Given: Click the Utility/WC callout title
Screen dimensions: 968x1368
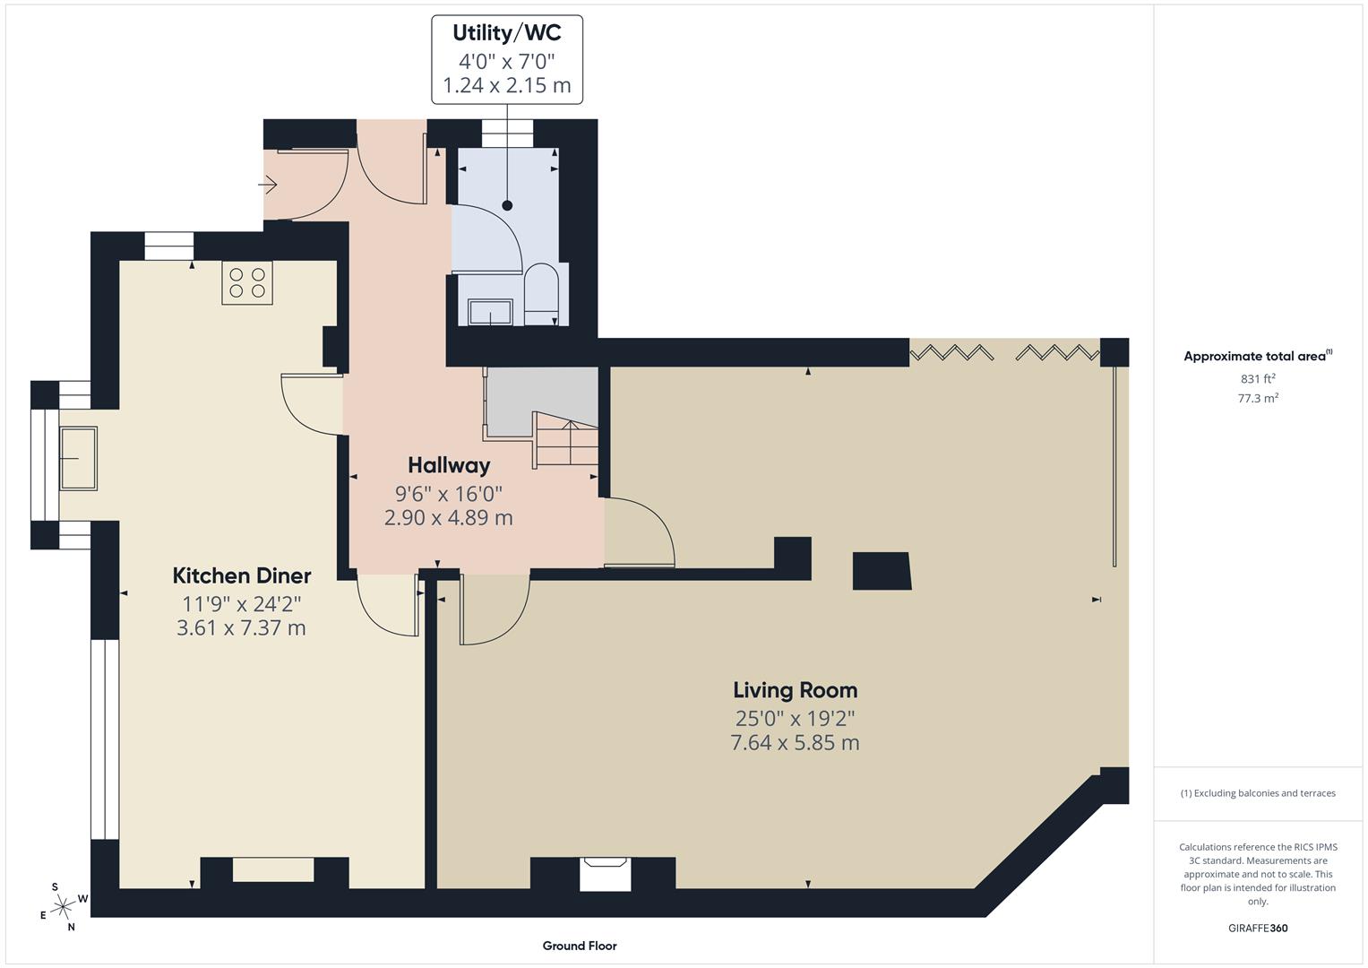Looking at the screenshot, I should click(506, 33).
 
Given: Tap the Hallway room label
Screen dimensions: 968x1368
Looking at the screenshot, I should click(449, 465).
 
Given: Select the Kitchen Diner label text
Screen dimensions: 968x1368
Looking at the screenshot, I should click(241, 575).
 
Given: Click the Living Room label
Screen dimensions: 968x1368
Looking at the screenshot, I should click(795, 690).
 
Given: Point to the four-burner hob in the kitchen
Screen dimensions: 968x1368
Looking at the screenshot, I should click(247, 282).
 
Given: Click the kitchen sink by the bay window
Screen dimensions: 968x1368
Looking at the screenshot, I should click(78, 458).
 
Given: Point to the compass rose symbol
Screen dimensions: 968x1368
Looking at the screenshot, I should click(63, 907).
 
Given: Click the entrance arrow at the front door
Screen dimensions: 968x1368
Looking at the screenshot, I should click(268, 185).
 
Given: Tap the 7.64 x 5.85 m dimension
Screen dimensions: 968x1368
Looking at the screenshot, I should click(795, 742).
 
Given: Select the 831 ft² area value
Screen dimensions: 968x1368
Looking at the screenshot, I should click(1258, 378).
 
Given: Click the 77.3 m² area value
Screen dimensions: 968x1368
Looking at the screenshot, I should click(1258, 398).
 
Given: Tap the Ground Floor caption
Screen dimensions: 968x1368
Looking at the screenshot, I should click(579, 946).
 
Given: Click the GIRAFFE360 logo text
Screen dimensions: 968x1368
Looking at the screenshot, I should click(1258, 928).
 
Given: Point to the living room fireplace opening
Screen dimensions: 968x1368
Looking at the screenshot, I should click(605, 873).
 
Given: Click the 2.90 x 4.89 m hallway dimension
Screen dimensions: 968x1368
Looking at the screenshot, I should click(448, 517).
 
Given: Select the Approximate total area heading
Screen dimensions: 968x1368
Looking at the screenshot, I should click(1256, 356).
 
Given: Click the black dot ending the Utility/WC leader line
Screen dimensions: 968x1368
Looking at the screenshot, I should click(507, 205).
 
